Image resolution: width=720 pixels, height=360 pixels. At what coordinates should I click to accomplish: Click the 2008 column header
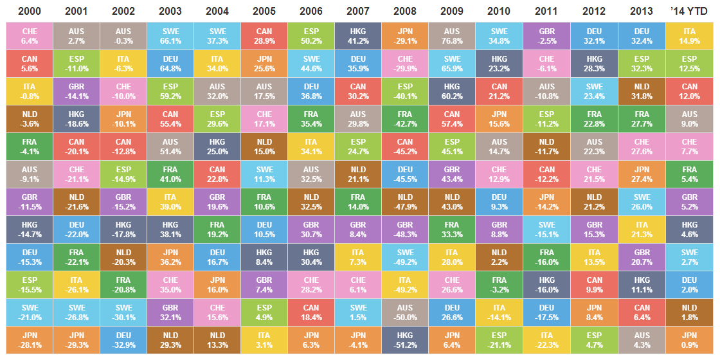405,11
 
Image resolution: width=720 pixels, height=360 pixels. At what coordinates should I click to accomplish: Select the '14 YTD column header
689,11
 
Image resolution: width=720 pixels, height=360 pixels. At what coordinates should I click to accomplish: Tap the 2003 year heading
170,11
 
